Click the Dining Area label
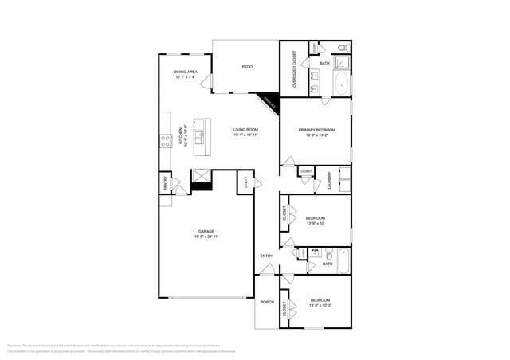[x=185, y=72]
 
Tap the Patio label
[x=248, y=66]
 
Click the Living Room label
[x=245, y=129]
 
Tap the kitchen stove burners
[x=166, y=141]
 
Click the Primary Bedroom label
[x=316, y=129]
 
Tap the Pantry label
[x=165, y=183]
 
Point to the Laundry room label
[x=328, y=179]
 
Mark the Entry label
[x=266, y=256]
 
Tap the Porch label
[x=267, y=302]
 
